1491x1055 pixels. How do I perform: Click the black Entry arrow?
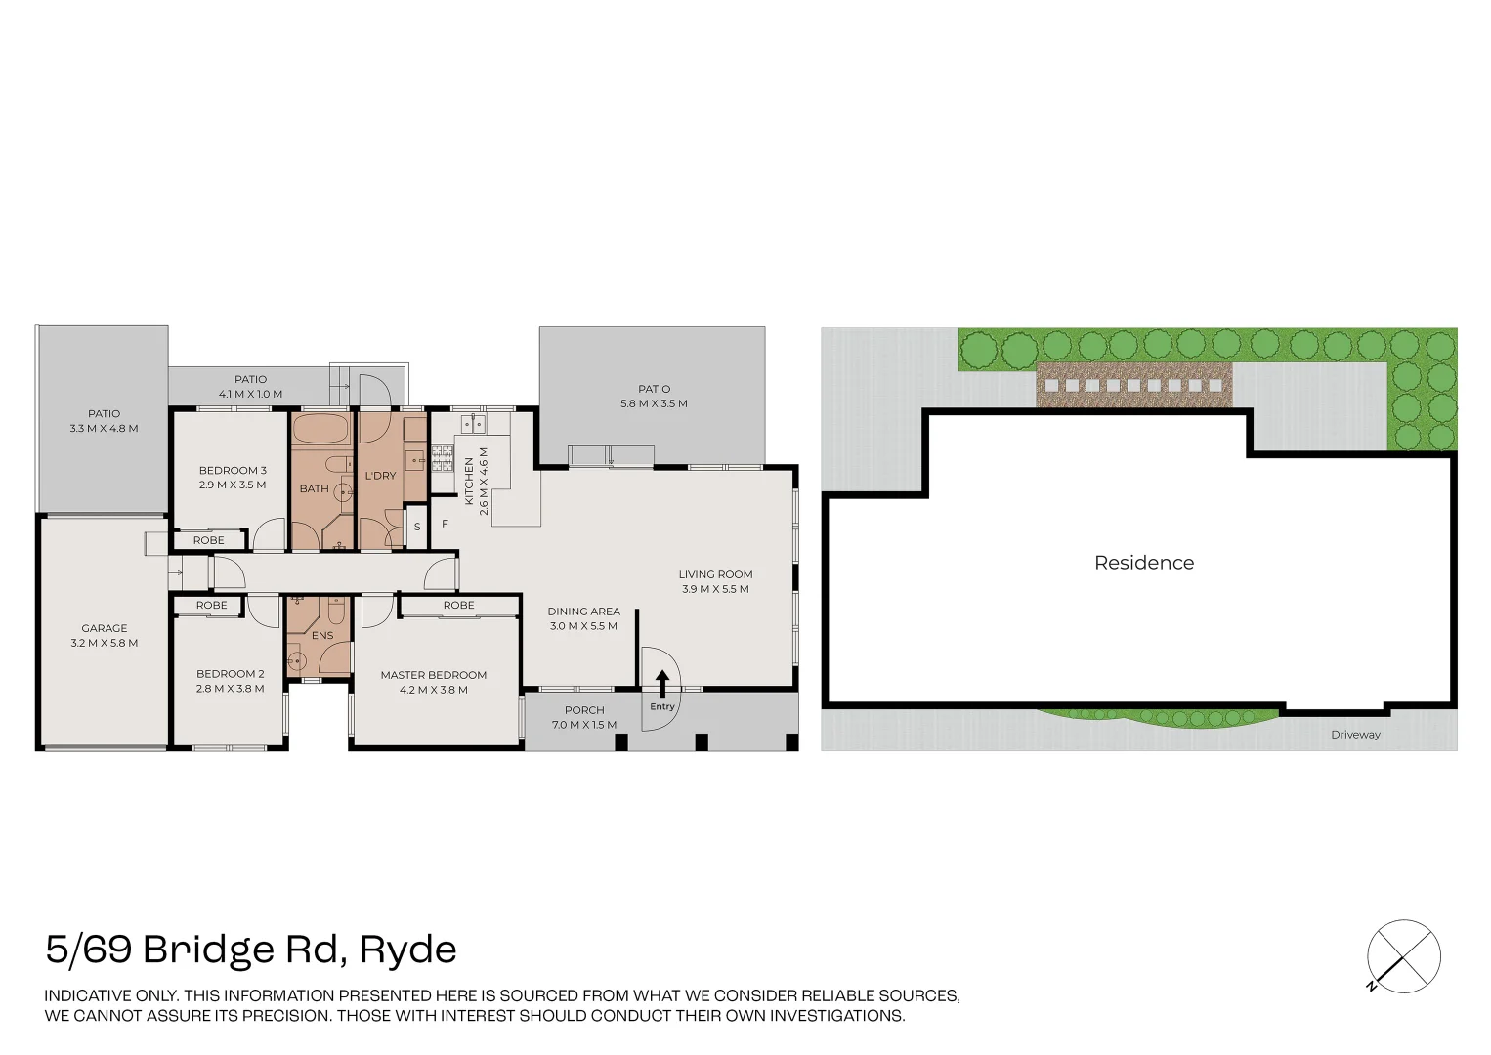point(662,684)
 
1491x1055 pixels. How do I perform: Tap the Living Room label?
point(715,574)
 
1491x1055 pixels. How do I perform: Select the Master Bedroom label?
point(433,675)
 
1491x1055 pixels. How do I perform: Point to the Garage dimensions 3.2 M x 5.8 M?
point(105,643)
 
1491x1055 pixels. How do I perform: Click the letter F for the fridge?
point(445,524)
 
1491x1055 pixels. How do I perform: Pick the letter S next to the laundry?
point(417,527)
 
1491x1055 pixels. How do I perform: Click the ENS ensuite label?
point(322,636)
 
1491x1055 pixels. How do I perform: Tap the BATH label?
point(315,488)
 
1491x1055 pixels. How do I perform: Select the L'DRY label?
point(381,476)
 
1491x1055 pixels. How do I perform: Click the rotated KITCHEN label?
point(469,482)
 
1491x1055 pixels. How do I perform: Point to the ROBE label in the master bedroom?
point(458,605)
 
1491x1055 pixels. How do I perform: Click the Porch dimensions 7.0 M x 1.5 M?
point(584,725)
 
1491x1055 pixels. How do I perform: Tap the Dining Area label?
point(583,612)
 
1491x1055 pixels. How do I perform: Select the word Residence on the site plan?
point(1144,563)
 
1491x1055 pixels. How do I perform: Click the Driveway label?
point(1356,735)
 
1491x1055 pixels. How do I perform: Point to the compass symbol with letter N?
point(1403,958)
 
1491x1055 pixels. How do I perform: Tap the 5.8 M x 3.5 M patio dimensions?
point(654,403)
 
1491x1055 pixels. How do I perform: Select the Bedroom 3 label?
point(233,471)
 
